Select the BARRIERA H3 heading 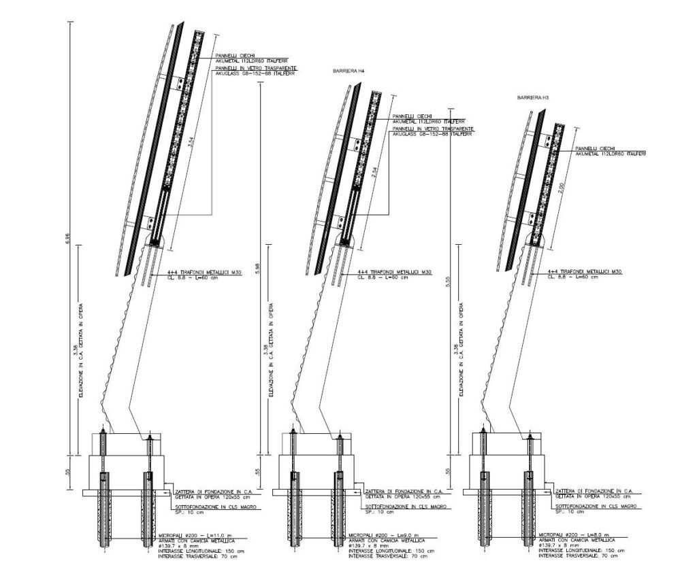pos(533,99)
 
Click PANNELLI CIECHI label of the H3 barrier pos(596,148)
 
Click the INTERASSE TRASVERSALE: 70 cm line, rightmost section pos(579,556)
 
